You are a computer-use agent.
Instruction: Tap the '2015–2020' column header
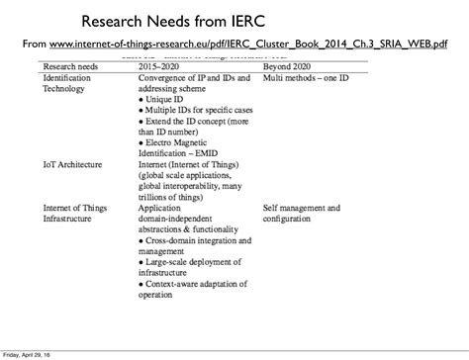coord(161,65)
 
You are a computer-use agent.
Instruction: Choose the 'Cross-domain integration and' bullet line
coord(199,241)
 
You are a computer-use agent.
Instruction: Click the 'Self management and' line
coord(302,209)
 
